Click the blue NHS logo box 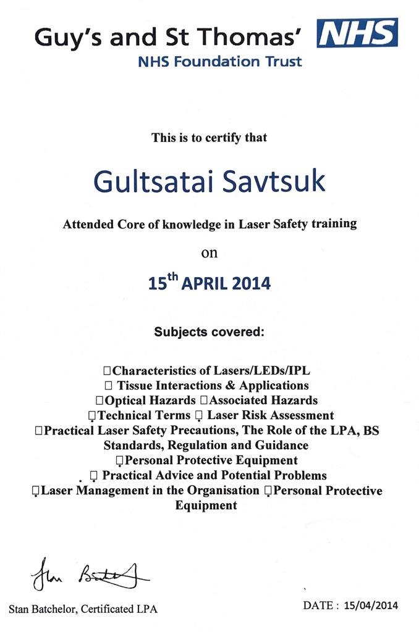click(357, 33)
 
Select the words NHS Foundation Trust click(220, 62)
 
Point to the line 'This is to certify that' click(209, 138)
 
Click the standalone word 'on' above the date click(209, 252)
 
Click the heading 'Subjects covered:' click(209, 332)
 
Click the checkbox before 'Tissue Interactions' click(109, 386)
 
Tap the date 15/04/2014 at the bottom click(371, 605)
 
